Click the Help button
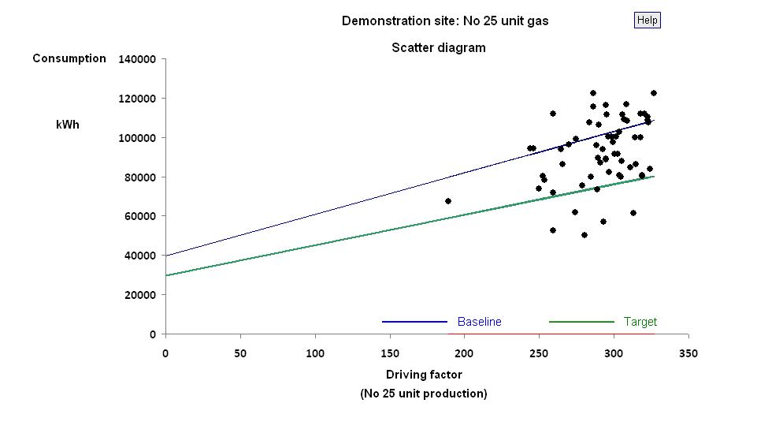[647, 21]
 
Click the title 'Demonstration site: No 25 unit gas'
[445, 21]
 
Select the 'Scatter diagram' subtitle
[439, 48]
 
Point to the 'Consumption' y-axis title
[69, 58]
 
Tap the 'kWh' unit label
[68, 125]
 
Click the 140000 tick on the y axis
[136, 59]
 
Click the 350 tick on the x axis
[688, 353]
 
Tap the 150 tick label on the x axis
[390, 353]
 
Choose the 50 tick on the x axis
[240, 353]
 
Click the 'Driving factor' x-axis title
[424, 375]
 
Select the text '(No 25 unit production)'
[424, 394]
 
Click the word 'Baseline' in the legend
[479, 322]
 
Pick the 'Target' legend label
[640, 322]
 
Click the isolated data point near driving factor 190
[448, 201]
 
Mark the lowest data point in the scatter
[584, 235]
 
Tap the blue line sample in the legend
[414, 322]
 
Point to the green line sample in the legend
[581, 322]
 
